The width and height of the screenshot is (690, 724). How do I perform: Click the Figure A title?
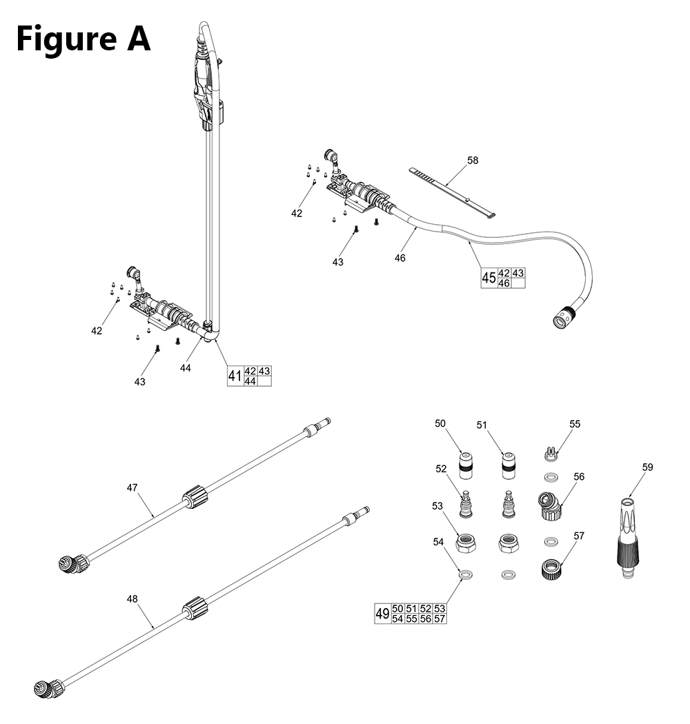83,39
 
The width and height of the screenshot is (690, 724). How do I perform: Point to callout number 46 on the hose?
400,258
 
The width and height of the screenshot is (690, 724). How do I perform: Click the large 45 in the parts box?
489,278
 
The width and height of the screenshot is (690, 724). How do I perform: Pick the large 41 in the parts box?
235,376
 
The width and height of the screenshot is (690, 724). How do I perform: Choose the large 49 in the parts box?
382,614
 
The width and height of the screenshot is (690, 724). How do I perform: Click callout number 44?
185,368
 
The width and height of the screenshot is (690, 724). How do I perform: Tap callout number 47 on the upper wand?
132,487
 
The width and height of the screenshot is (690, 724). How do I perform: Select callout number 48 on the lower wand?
132,599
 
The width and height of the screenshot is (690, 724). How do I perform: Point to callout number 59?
647,467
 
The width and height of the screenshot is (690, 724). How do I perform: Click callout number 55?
575,425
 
